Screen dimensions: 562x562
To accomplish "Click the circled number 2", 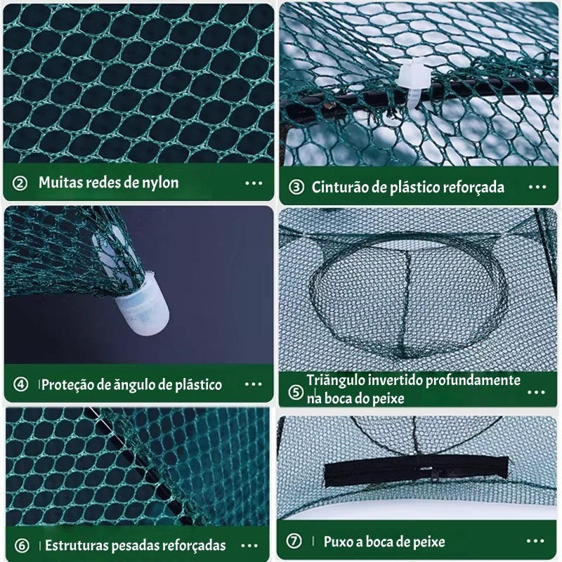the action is (x=20, y=183).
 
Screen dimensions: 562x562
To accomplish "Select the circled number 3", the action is (x=296, y=187).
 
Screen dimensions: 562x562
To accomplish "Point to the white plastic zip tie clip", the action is (x=414, y=83).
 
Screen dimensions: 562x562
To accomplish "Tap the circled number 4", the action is (x=21, y=384).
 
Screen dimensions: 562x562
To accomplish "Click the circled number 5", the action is (x=296, y=392).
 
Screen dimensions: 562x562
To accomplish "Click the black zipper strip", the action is (x=417, y=471).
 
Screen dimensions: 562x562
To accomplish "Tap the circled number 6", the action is (x=22, y=546).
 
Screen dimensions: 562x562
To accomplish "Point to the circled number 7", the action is (x=294, y=541).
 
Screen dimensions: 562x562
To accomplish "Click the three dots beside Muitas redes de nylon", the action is (x=254, y=183).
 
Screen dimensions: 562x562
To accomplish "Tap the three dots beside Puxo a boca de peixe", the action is (x=535, y=541).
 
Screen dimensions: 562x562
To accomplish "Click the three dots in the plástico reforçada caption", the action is (x=537, y=187).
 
